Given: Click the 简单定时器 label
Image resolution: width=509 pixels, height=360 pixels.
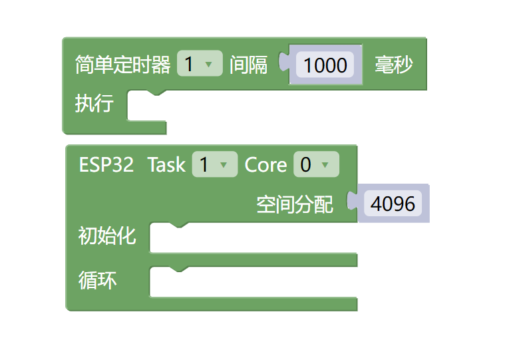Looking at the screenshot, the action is tap(122, 65).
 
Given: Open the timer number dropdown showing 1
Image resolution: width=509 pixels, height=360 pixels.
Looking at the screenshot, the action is tap(200, 65).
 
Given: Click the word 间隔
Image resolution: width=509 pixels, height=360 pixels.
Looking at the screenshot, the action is tap(248, 65).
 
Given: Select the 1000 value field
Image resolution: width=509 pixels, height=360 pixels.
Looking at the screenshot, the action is tap(325, 65).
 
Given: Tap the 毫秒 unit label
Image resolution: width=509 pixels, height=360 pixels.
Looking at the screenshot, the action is tap(393, 65).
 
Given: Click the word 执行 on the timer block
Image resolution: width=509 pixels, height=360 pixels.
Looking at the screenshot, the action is tap(94, 104).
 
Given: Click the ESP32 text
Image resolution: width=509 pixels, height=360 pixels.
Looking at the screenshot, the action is tap(106, 165).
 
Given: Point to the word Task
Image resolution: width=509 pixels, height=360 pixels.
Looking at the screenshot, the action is tap(166, 165).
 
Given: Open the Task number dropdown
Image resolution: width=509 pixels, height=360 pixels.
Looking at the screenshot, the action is tap(214, 165).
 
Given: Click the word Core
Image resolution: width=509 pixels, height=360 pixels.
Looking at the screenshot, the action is tap(265, 165).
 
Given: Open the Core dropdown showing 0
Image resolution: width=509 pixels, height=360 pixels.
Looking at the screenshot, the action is tap(316, 165).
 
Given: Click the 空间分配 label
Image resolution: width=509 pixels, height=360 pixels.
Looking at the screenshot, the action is tap(295, 204).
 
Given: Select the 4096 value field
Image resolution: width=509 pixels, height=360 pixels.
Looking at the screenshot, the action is tap(393, 204).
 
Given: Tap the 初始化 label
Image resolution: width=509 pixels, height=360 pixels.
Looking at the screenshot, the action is tap(107, 236).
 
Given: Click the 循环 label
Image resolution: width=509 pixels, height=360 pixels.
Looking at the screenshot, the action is tap(98, 281).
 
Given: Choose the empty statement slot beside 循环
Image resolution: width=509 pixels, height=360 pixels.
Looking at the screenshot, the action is tap(253, 283).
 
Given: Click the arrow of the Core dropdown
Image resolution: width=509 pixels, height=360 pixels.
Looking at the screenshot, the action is tap(325, 165).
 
